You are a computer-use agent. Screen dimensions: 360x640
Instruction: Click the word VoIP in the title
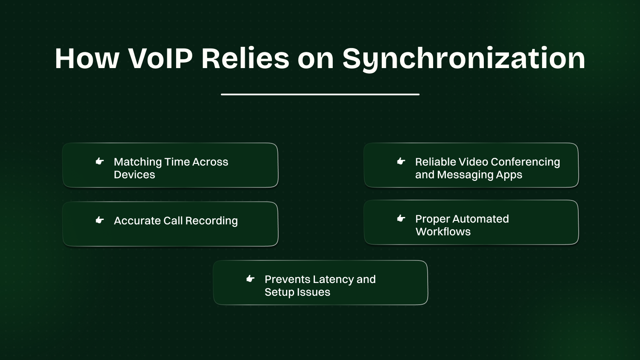click(160, 58)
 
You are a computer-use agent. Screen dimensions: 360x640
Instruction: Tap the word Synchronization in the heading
click(464, 58)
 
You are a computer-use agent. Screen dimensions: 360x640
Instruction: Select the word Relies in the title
click(245, 58)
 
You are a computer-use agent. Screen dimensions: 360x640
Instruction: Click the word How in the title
click(87, 58)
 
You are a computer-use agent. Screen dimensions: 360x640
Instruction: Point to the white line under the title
click(320, 94)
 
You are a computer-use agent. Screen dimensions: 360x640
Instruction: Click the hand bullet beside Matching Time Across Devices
click(100, 161)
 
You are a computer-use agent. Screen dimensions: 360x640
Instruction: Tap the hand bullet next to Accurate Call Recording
click(100, 220)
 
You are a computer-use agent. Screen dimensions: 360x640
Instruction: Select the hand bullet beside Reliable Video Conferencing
click(401, 161)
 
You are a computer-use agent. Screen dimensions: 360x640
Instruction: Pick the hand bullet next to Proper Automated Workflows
click(401, 218)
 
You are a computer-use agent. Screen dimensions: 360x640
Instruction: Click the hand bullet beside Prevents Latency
click(250, 279)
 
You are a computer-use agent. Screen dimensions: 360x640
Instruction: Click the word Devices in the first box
click(134, 175)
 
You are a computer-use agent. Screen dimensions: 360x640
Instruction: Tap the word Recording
click(211, 221)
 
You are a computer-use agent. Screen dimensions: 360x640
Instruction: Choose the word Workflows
click(443, 232)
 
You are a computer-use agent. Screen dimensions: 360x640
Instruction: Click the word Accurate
click(137, 221)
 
